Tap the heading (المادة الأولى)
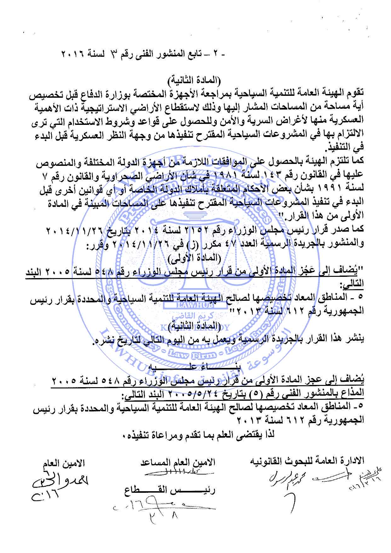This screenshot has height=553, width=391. [x=195, y=258]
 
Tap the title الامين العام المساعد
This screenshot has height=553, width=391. [x=178, y=463]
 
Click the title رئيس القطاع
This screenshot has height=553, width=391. [x=170, y=491]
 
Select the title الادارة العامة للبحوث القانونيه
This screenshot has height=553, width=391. [x=307, y=461]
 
